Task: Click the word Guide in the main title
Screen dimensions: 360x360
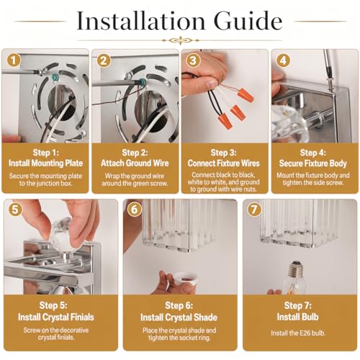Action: pyautogui.click(x=248, y=21)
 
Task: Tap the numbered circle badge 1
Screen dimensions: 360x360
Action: pyautogui.click(x=14, y=60)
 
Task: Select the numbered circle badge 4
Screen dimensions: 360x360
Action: pyautogui.click(x=283, y=60)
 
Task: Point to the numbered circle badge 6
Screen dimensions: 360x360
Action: pyautogui.click(x=134, y=210)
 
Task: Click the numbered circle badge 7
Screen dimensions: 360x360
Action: pyautogui.click(x=254, y=210)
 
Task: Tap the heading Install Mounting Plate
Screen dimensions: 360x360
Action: pyautogui.click(x=45, y=163)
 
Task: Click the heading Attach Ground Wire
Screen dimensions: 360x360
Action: pyautogui.click(x=135, y=163)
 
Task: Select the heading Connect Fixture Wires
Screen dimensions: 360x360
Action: pyautogui.click(x=224, y=163)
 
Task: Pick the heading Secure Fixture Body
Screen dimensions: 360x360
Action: pyautogui.click(x=313, y=163)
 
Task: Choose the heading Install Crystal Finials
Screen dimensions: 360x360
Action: pyautogui.click(x=56, y=318)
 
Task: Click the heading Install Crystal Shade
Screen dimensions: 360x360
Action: pyautogui.click(x=179, y=318)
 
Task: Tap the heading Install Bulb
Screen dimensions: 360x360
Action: pyautogui.click(x=297, y=317)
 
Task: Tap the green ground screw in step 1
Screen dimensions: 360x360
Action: pyautogui.click(x=55, y=77)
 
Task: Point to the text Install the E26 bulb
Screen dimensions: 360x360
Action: pyautogui.click(x=298, y=333)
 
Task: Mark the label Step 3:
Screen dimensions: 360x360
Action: pyautogui.click(x=223, y=153)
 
